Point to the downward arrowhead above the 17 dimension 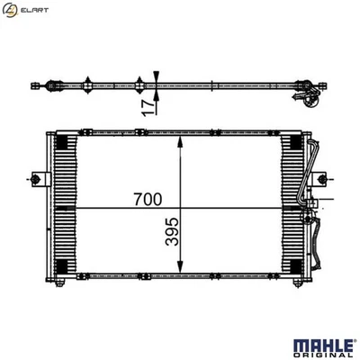point(157,75)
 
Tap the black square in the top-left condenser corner point(61,141)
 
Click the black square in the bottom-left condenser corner point(61,266)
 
